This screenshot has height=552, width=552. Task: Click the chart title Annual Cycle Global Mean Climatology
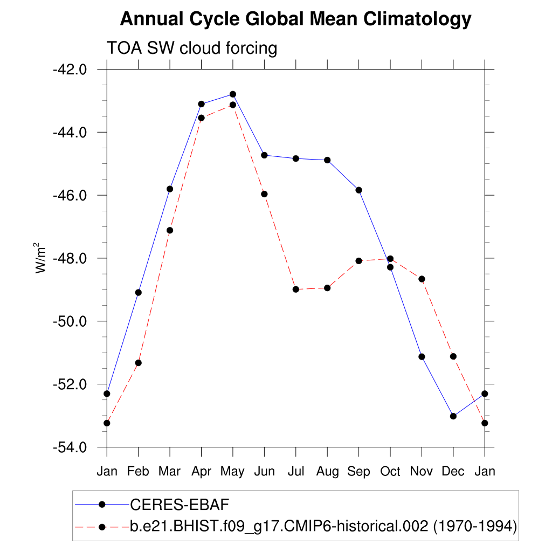[295, 19]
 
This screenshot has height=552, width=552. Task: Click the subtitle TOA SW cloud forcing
[192, 48]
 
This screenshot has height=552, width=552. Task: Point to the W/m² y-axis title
[41, 258]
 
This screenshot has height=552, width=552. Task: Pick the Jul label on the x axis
[296, 472]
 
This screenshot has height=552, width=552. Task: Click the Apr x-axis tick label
[201, 472]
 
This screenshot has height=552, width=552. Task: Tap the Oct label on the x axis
[390, 472]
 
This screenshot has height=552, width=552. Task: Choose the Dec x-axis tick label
[453, 472]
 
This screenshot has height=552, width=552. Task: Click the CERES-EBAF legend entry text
[180, 505]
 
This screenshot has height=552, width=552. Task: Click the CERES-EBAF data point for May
[233, 94]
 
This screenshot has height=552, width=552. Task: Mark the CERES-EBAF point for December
[453, 416]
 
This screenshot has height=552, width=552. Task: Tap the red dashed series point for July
[296, 289]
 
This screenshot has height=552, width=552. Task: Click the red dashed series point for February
[139, 363]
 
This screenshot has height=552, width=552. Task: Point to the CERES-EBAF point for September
[359, 190]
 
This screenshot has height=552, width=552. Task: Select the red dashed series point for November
[422, 279]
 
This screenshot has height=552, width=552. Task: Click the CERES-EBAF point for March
[170, 189]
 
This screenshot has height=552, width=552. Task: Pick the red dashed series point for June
[264, 194]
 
